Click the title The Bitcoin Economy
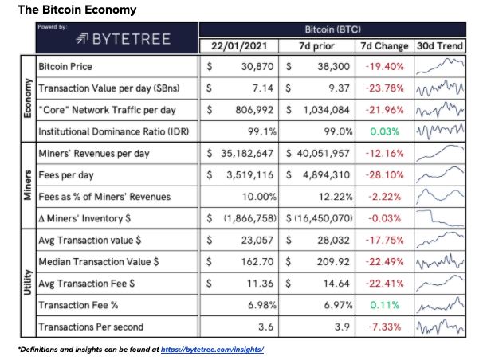77,10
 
